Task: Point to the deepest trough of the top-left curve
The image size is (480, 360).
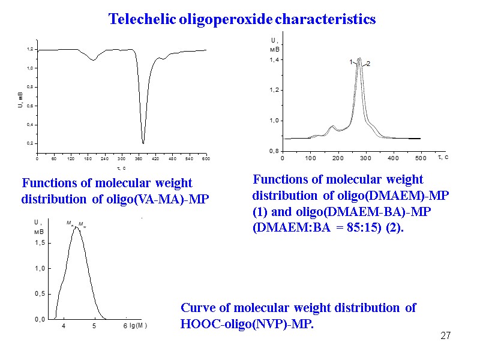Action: [x=143, y=142]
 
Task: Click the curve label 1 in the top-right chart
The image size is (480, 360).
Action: [x=351, y=62]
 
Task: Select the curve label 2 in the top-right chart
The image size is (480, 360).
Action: [x=368, y=64]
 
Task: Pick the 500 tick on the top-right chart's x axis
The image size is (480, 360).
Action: [x=421, y=158]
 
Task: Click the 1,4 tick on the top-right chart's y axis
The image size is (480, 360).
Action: [x=274, y=61]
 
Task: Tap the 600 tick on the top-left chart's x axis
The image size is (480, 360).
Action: [x=205, y=159]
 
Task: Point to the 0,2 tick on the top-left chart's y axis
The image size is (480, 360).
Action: [x=29, y=143]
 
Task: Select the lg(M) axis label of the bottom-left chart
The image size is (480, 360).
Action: [x=139, y=326]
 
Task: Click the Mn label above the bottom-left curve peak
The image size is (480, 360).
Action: [x=70, y=223]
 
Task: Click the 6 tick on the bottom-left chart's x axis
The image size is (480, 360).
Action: [x=125, y=326]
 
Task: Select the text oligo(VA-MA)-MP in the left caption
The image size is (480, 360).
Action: [x=158, y=199]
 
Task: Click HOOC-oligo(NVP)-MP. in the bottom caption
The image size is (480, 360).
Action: [x=247, y=324]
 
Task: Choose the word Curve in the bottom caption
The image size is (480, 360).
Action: [x=197, y=308]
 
